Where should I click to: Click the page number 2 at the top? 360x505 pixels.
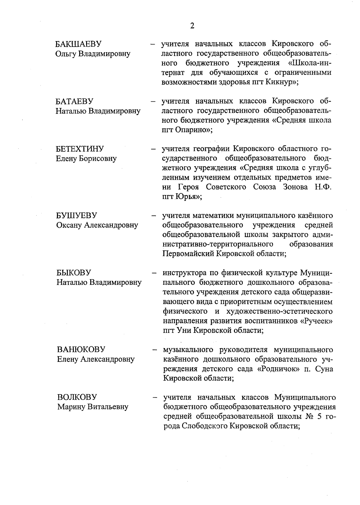(x=192, y=26)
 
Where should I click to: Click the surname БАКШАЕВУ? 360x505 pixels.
(x=79, y=44)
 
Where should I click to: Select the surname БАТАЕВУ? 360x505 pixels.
(x=75, y=101)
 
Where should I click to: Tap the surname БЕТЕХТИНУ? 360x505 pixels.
(x=80, y=149)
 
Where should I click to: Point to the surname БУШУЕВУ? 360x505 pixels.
(x=77, y=215)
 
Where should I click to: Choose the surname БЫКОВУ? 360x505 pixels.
(x=74, y=273)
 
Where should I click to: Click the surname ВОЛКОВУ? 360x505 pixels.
(x=77, y=397)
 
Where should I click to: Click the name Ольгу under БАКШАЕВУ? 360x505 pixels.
(x=66, y=54)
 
